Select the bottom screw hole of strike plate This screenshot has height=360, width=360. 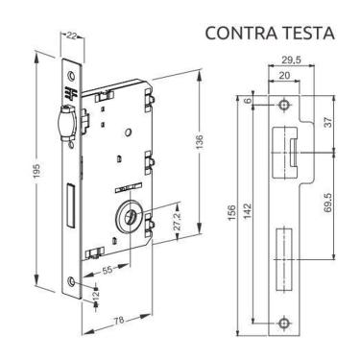[x=284, y=324]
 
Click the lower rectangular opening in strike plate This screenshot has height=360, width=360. [x=284, y=261]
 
